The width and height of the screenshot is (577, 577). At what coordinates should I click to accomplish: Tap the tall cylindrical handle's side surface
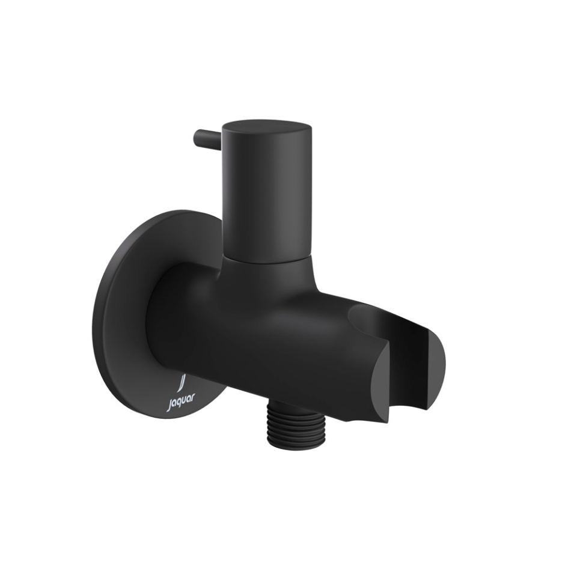pyautogui.click(x=267, y=192)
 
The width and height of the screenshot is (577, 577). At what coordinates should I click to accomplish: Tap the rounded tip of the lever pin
pyautogui.click(x=197, y=138)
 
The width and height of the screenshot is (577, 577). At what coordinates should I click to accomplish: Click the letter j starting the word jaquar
pyautogui.click(x=169, y=407)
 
